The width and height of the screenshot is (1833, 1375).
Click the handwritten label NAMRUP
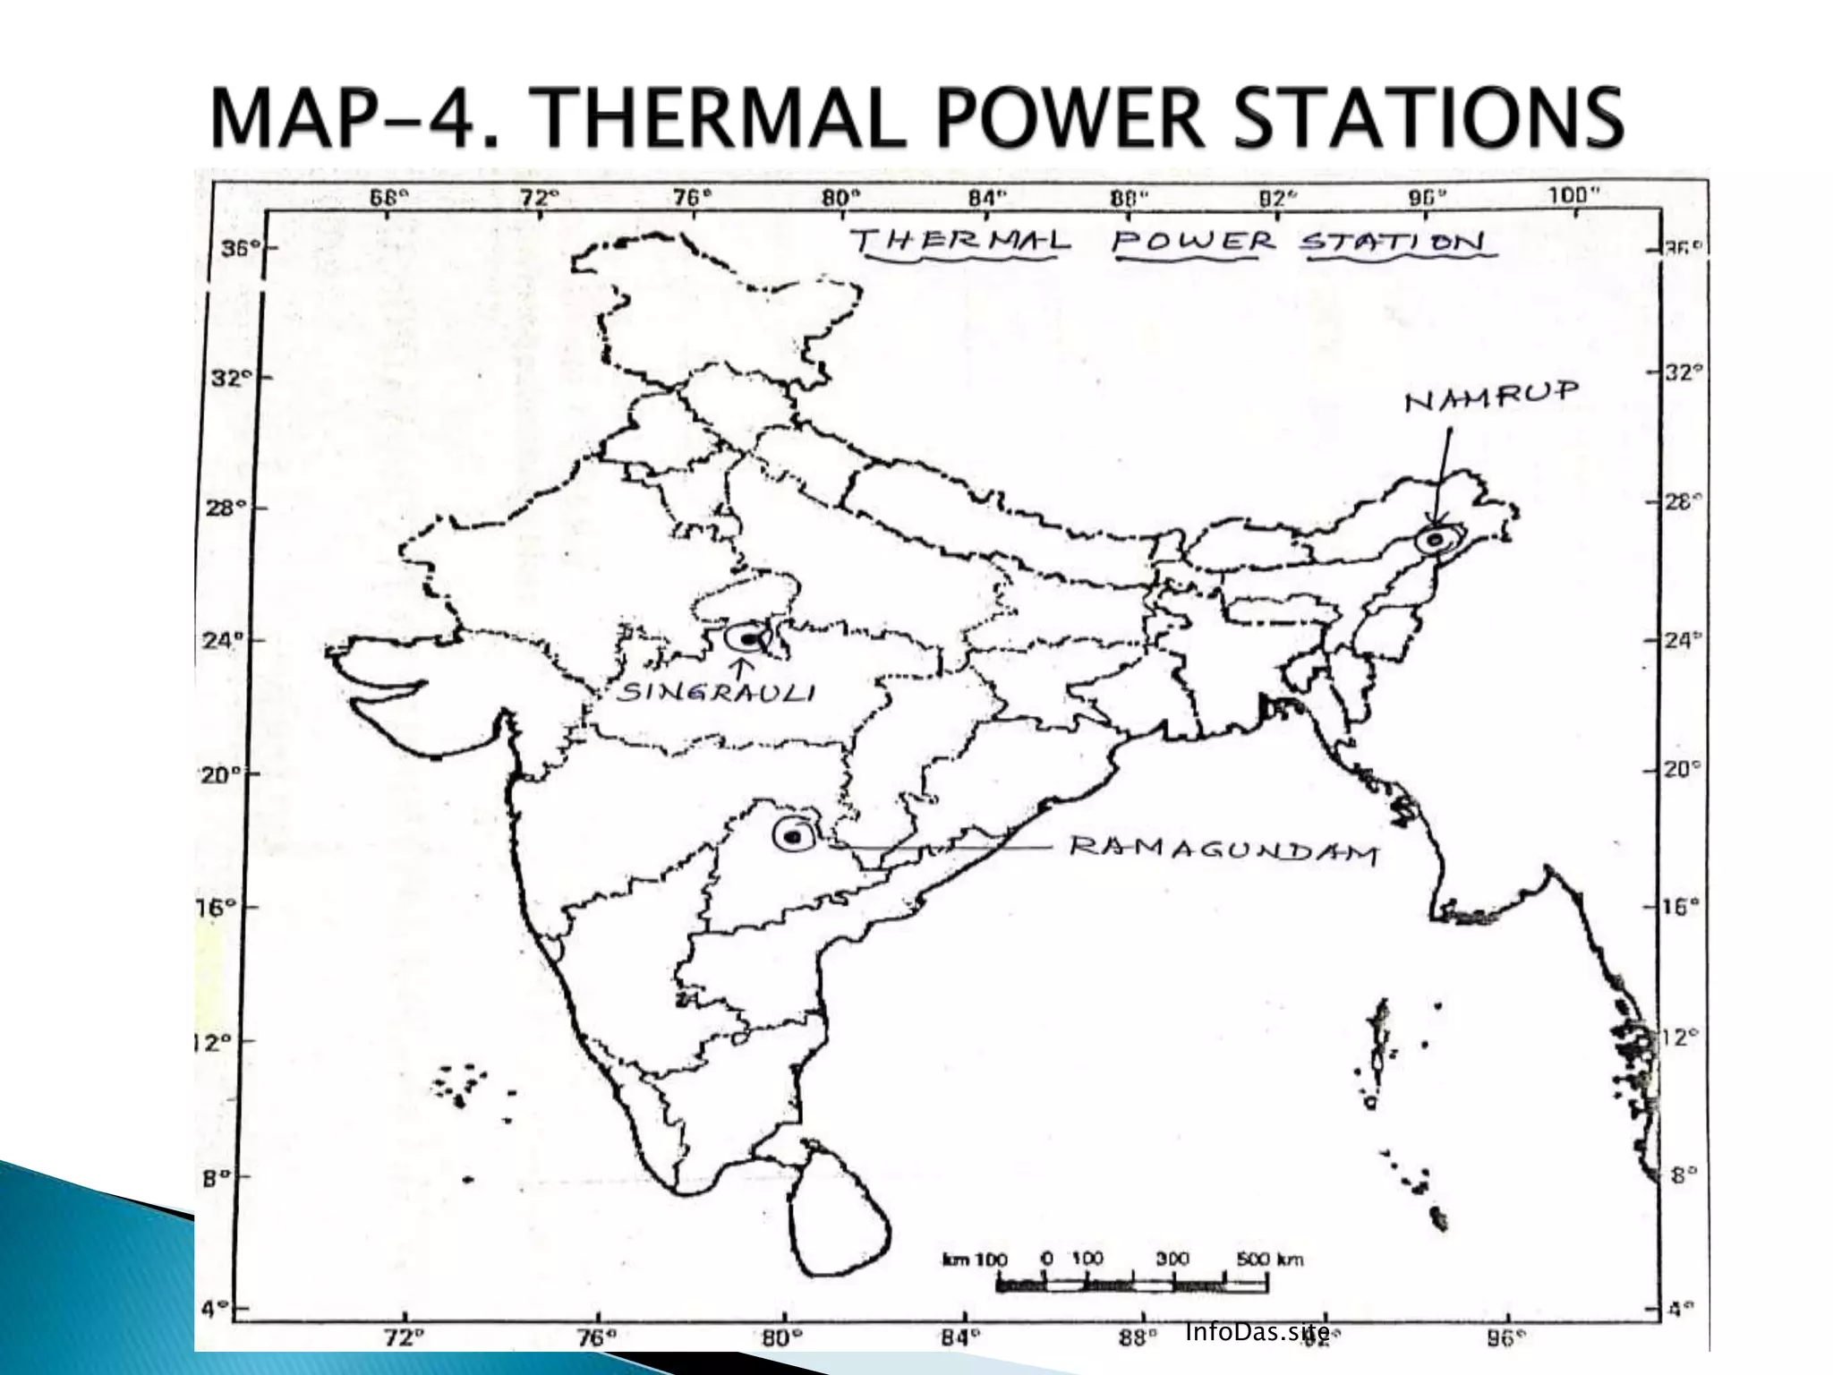coord(1491,396)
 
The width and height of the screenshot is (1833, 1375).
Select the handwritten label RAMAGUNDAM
coord(1223,850)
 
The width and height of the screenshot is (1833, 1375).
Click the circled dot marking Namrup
coord(1435,540)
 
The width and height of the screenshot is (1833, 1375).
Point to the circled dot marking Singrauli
coord(747,638)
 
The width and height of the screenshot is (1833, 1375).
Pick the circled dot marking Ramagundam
coord(792,837)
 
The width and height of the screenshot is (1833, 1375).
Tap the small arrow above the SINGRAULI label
coord(740,668)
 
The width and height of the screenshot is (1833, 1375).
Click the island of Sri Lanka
coord(837,1213)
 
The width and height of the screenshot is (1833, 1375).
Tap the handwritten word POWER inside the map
coord(1194,241)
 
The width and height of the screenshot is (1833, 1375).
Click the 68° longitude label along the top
coord(388,198)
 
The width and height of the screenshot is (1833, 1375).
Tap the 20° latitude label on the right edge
coord(1682,769)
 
